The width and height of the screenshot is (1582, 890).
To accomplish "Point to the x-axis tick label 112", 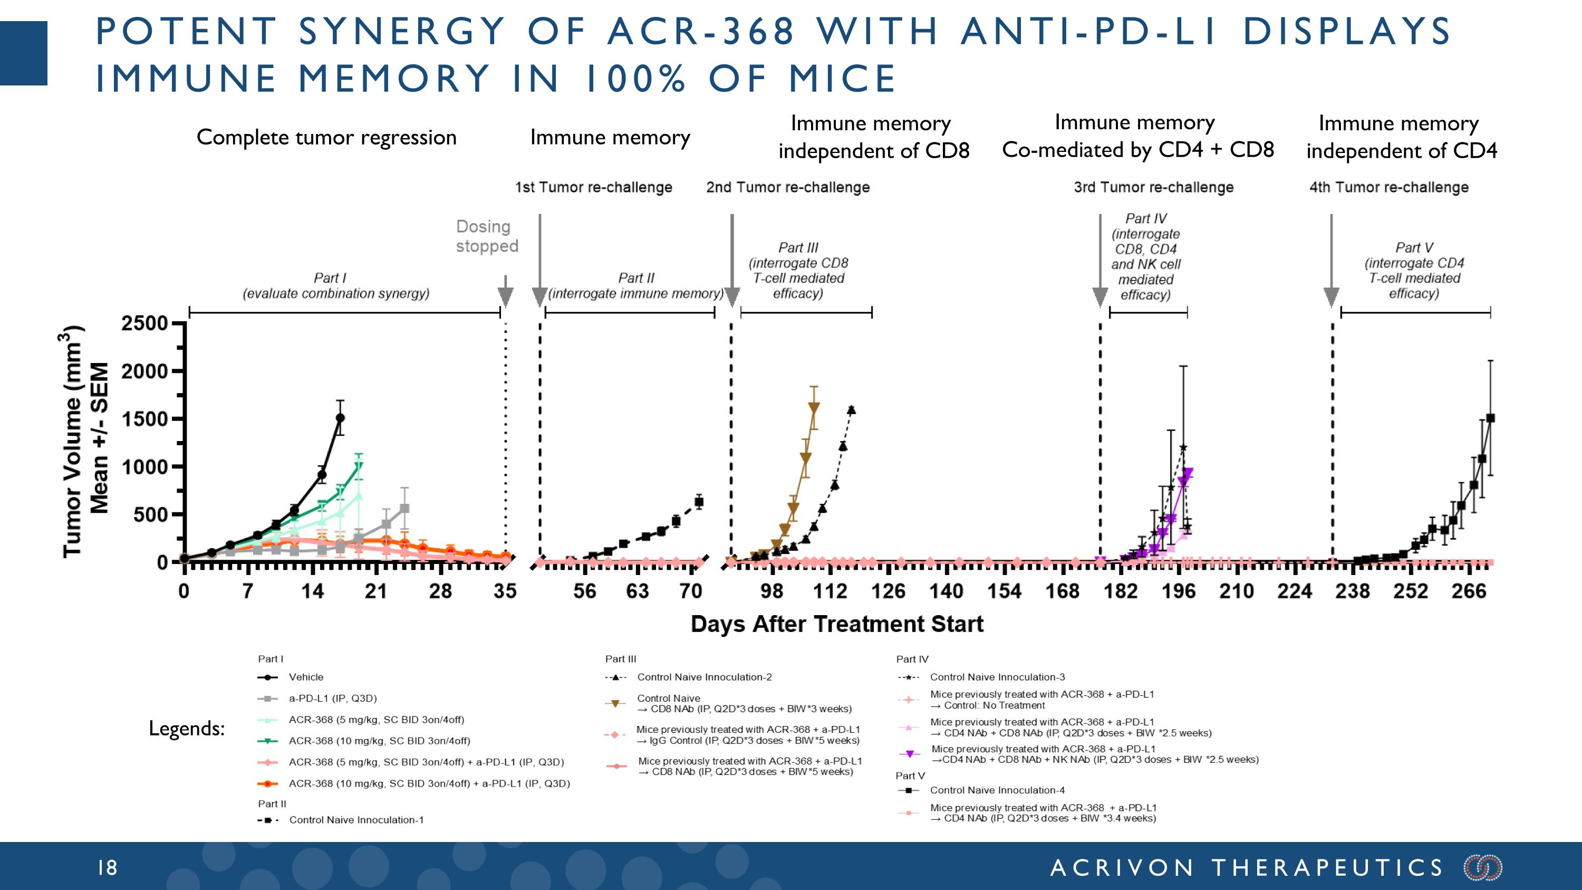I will [829, 591].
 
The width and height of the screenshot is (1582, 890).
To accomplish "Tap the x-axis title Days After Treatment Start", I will [836, 624].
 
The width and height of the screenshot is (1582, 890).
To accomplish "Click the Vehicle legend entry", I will [306, 677].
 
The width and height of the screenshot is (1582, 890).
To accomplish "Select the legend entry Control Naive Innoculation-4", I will [997, 790].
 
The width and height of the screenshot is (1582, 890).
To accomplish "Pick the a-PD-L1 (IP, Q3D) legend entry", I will [332, 698].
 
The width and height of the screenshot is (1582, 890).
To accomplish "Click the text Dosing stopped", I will [486, 236].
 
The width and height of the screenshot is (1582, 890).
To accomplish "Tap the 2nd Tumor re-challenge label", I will [787, 187].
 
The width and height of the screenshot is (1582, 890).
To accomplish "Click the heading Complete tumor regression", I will [326, 137].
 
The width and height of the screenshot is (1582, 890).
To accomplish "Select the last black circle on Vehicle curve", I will [340, 418].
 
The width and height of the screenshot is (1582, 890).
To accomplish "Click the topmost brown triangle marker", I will [814, 407].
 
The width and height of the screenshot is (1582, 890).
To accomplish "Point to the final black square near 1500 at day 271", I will [1490, 418].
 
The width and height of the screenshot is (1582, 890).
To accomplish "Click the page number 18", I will [108, 868].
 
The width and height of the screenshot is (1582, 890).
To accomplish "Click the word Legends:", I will [187, 729].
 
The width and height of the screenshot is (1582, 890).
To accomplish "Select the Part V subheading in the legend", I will [910, 776].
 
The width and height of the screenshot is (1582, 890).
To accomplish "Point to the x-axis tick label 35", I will [505, 591].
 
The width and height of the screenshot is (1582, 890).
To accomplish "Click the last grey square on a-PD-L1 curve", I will [404, 509].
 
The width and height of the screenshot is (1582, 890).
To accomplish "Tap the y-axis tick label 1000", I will [144, 467].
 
